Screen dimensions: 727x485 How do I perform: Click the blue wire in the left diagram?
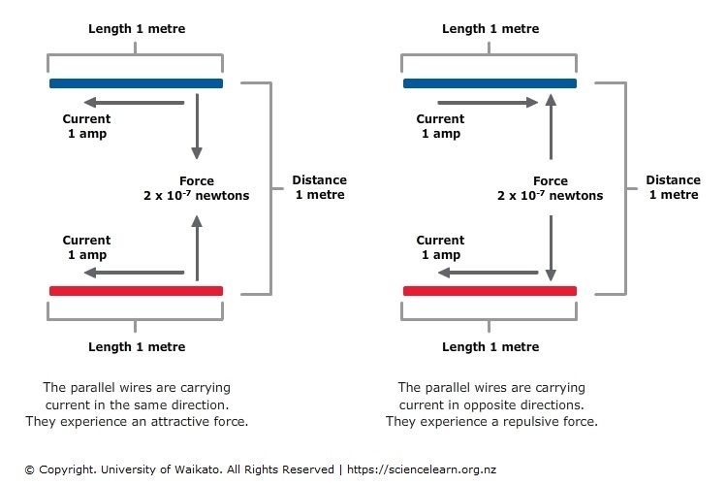click(x=136, y=83)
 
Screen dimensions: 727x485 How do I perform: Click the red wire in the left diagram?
click(x=136, y=291)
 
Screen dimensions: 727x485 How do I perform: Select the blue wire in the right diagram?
click(x=490, y=83)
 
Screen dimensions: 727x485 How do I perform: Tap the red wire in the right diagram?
click(x=490, y=291)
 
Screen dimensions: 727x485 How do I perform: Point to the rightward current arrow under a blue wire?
click(x=488, y=103)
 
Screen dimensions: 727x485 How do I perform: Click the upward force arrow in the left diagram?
click(x=197, y=248)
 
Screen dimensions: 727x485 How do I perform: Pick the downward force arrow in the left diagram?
click(x=197, y=126)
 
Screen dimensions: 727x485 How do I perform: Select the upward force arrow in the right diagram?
click(x=551, y=126)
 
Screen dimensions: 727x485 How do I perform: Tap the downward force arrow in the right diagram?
click(x=551, y=248)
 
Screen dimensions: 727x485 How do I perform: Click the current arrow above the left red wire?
click(x=134, y=273)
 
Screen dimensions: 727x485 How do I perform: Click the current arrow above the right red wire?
click(x=488, y=273)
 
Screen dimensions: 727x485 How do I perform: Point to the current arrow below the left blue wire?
click(x=134, y=103)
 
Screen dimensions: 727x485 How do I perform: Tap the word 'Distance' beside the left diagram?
click(x=320, y=180)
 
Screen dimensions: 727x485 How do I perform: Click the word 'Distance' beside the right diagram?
click(x=674, y=180)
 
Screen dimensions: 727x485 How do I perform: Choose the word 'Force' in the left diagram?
click(x=197, y=181)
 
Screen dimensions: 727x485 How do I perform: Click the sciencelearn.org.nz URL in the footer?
click(x=422, y=469)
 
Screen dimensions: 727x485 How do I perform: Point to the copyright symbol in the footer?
click(x=30, y=470)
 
